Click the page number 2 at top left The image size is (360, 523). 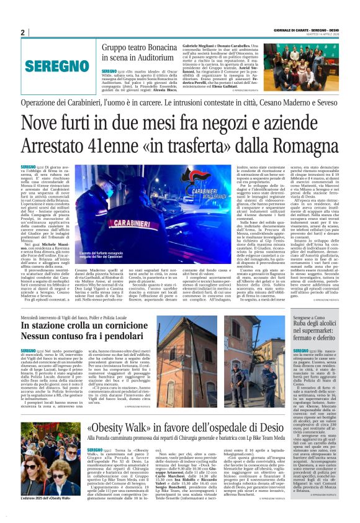point(23,32)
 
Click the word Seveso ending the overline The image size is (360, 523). point(326,102)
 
